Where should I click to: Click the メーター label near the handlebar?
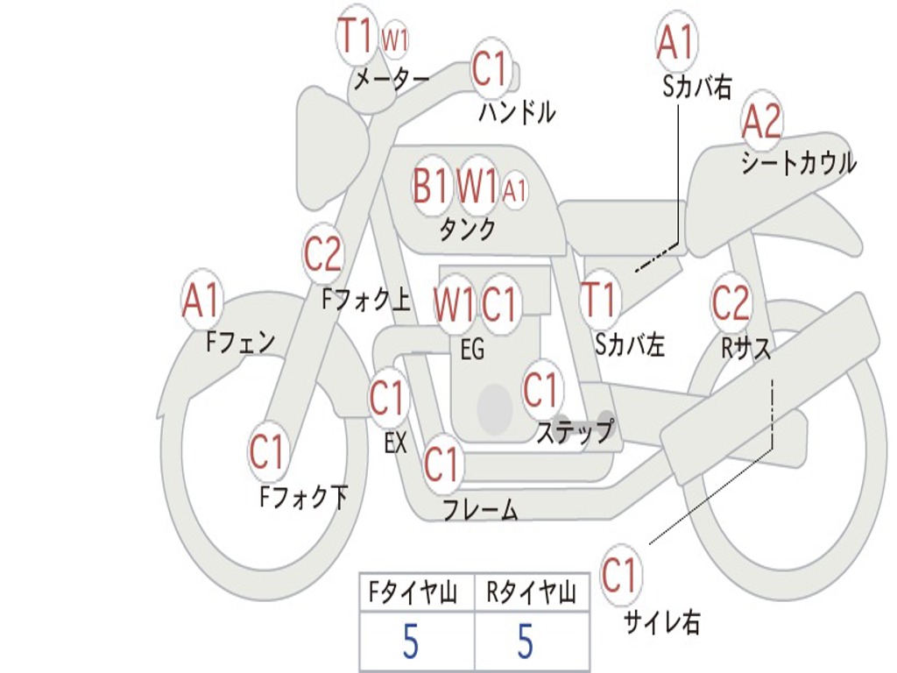tap(392, 80)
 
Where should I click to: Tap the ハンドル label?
tap(517, 112)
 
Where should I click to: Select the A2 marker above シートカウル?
tap(761, 121)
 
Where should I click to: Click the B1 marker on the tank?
tap(430, 186)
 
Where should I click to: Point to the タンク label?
tap(468, 230)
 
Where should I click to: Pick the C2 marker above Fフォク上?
tap(322, 253)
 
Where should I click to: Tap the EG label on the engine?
tap(472, 349)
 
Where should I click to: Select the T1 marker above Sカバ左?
tap(598, 300)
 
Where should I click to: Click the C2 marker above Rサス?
tap(731, 301)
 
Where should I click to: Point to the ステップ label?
tap(576, 431)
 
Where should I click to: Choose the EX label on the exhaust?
tap(395, 443)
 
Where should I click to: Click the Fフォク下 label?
tap(304, 496)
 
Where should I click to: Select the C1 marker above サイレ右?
tap(619, 574)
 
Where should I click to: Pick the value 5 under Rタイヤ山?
tap(526, 641)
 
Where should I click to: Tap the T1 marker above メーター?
tap(356, 34)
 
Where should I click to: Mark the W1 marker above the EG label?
tap(454, 304)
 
